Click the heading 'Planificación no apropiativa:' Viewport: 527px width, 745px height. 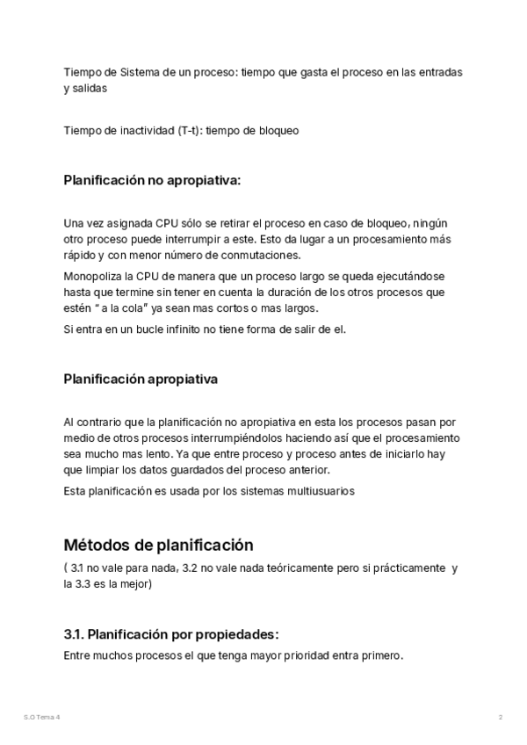(x=152, y=181)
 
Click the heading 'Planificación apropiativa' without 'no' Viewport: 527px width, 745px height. (x=141, y=380)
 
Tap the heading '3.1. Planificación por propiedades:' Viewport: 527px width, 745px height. (x=171, y=634)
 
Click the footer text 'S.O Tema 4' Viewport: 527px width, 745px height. (x=42, y=717)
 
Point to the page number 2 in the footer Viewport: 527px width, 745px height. (x=500, y=717)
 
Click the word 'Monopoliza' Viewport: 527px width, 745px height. (x=91, y=275)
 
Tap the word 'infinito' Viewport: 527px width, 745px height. (x=189, y=329)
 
